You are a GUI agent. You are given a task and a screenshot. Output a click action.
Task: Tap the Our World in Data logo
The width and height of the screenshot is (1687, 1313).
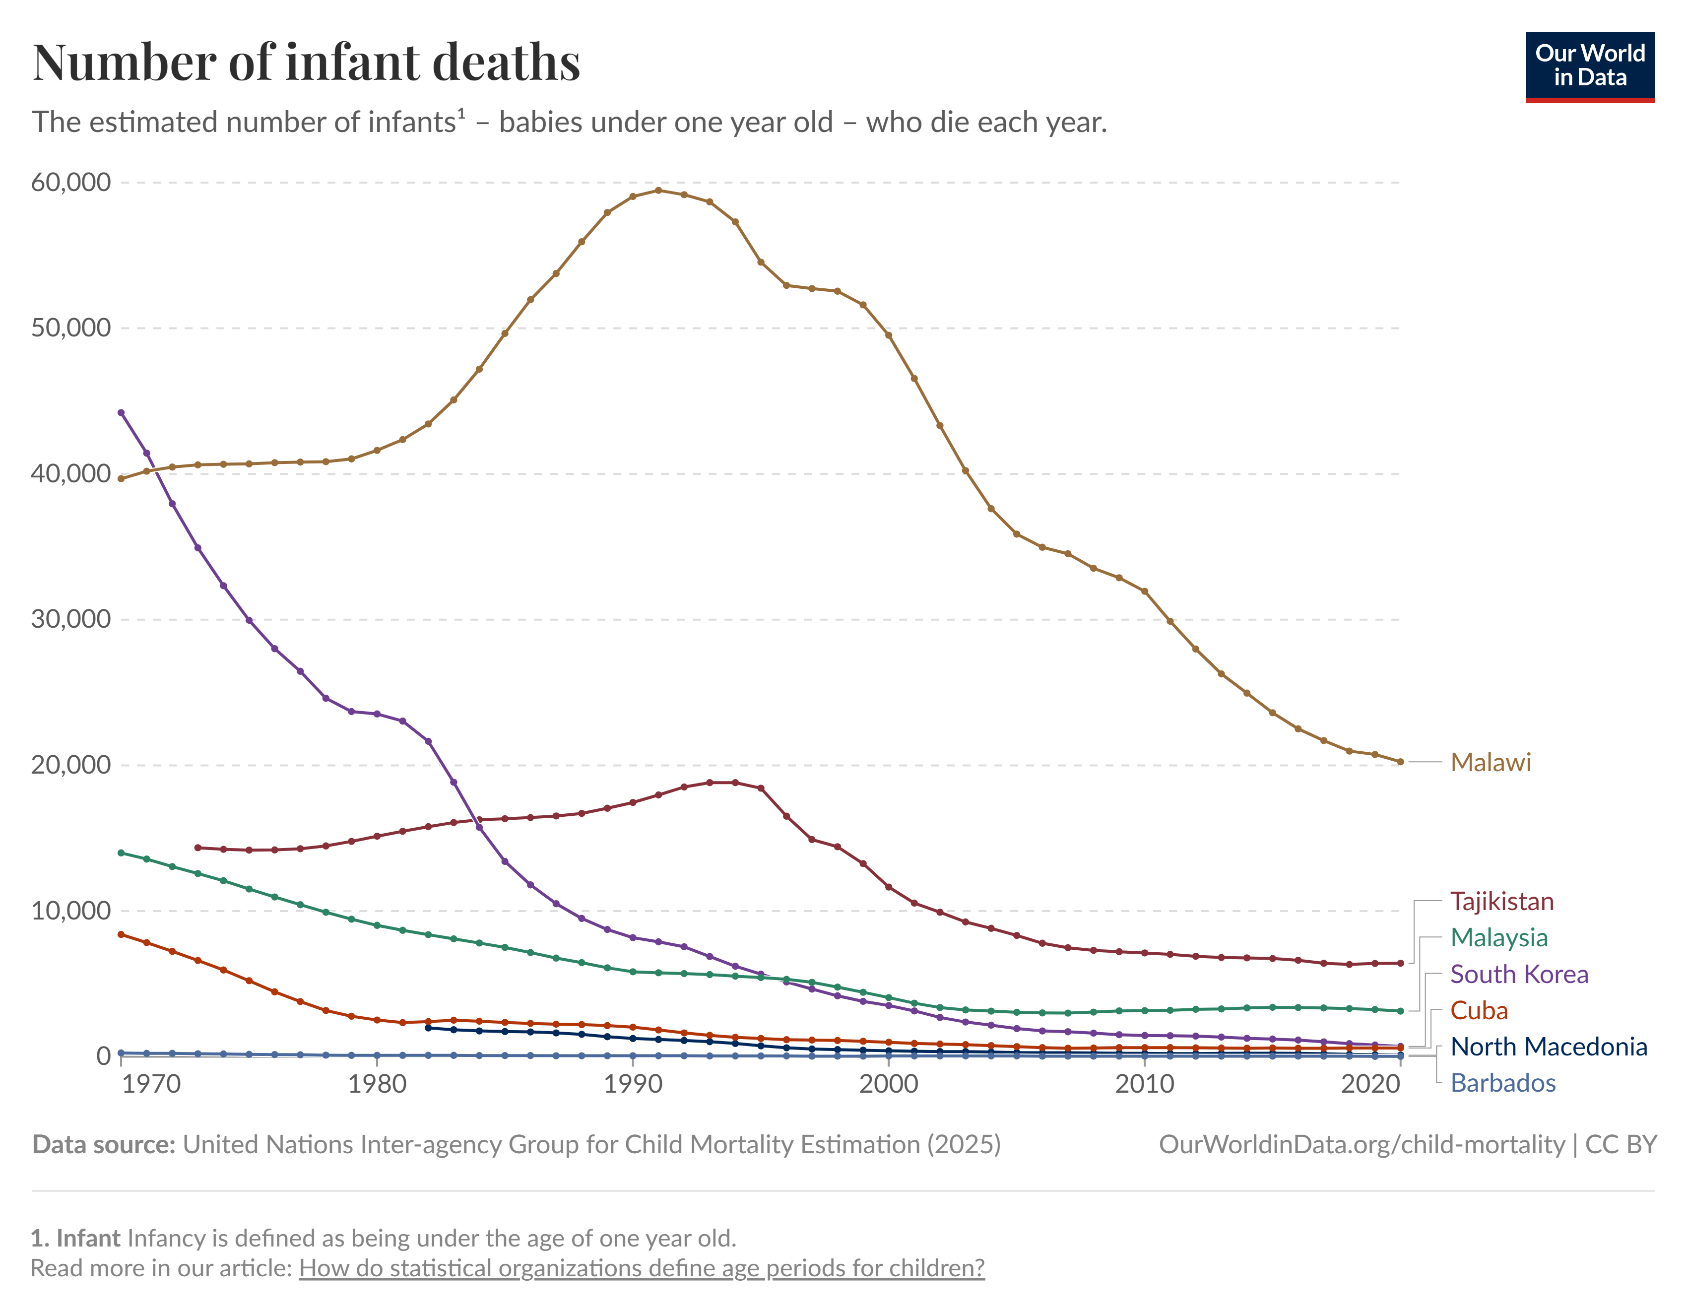pyautogui.click(x=1590, y=66)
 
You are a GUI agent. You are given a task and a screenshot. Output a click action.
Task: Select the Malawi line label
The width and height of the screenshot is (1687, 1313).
pyautogui.click(x=1490, y=762)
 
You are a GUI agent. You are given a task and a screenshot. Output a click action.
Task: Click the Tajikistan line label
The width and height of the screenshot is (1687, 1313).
pyautogui.click(x=1501, y=901)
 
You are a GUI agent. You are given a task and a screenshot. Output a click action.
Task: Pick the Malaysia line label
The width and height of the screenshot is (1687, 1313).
pyautogui.click(x=1498, y=938)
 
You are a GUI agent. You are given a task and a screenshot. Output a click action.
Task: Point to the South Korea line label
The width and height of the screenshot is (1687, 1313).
pyautogui.click(x=1519, y=974)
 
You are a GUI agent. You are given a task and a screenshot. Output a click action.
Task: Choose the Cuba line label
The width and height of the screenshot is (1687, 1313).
pyautogui.click(x=1479, y=1010)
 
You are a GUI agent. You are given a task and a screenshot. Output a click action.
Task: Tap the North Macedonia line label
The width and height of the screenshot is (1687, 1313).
pyautogui.click(x=1548, y=1047)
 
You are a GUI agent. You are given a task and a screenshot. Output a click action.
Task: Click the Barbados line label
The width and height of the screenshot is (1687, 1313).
pyautogui.click(x=1502, y=1083)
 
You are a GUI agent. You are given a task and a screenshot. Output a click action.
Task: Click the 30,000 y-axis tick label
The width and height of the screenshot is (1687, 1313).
pyautogui.click(x=71, y=619)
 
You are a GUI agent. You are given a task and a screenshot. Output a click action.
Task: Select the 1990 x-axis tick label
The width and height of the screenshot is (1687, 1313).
pyautogui.click(x=633, y=1084)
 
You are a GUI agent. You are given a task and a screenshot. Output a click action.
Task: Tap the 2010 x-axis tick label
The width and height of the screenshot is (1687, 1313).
pyautogui.click(x=1144, y=1084)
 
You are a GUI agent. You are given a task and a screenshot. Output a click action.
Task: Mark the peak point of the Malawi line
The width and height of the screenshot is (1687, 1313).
pyautogui.click(x=658, y=190)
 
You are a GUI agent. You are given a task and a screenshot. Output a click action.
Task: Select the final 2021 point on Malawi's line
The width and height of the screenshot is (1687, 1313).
pyautogui.click(x=1400, y=762)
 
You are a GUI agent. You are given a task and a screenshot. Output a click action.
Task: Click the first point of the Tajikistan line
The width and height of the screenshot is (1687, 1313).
pyautogui.click(x=198, y=847)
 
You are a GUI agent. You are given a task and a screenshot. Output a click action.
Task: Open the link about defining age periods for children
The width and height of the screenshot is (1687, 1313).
pyautogui.click(x=641, y=1268)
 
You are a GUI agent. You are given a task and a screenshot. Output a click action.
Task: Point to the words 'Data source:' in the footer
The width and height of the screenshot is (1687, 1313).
pyautogui.click(x=104, y=1144)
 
